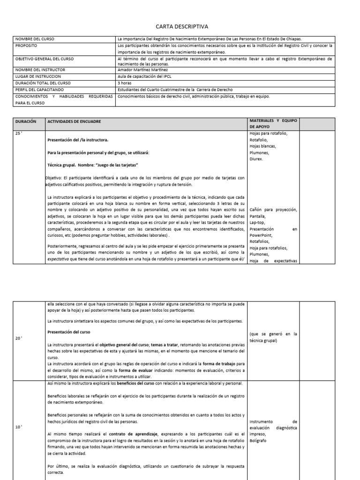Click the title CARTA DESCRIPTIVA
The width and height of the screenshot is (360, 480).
181,27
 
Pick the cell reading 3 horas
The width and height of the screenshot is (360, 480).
125,83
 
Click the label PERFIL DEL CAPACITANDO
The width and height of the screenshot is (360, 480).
39,90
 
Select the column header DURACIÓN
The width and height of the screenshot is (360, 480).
26,122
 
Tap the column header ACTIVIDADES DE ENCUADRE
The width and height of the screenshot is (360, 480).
74,122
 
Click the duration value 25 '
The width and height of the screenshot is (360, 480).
19,134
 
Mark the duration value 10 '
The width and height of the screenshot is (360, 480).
19,427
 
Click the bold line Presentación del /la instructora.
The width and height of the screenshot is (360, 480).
78,140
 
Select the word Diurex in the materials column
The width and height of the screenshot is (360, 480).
257,159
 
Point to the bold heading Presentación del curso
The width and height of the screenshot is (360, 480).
72,332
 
